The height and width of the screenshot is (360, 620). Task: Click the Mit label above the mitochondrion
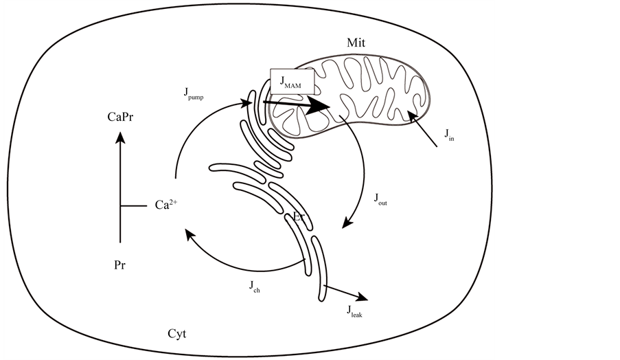coord(356,43)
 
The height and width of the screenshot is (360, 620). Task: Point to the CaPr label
coord(121,117)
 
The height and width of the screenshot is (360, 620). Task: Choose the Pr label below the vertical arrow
coord(120,264)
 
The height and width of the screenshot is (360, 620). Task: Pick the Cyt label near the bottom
coord(177,335)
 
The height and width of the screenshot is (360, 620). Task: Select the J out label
coord(380,199)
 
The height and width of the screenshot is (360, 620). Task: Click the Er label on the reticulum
coord(299,217)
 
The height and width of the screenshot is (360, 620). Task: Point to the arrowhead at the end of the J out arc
coord(347,224)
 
